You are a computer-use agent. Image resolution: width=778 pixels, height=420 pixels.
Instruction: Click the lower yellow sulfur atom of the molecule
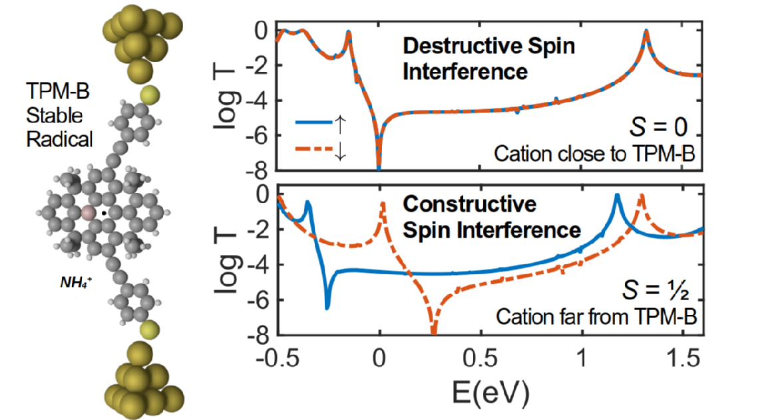[x=150, y=329]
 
